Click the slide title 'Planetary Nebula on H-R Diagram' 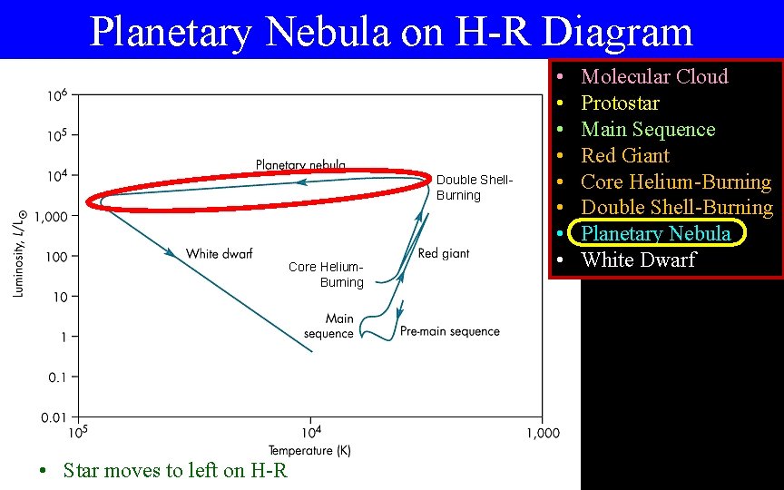pos(391,32)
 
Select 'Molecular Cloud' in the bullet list pos(654,76)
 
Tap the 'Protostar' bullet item pos(620,103)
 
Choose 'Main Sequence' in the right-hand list pos(648,129)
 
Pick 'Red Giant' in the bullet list pos(625,155)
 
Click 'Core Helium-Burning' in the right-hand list pos(676,181)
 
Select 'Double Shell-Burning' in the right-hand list pos(677,208)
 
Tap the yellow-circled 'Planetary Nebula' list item pos(656,234)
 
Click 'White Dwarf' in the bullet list pos(638,260)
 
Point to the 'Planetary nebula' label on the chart pos(300,164)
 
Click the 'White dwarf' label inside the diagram pos(219,254)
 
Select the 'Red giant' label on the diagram pos(444,254)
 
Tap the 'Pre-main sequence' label pos(450,332)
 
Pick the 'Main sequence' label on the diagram pos(329,326)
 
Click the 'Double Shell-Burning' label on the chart pos(474,188)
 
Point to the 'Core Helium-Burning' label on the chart pos(327,274)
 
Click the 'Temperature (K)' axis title pos(309,450)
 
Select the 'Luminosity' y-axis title pos(18,254)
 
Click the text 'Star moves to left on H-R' pos(175,470)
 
